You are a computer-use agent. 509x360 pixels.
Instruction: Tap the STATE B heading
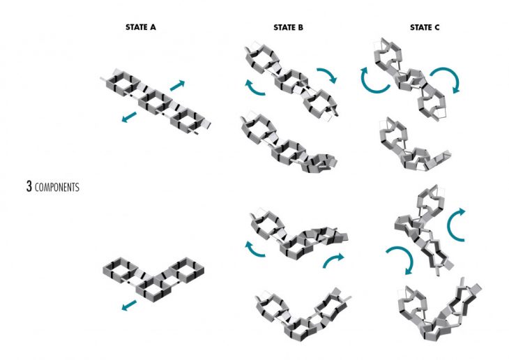(x=289, y=29)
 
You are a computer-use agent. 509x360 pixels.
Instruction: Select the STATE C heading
(x=424, y=29)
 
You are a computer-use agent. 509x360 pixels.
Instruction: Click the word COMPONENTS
(x=57, y=188)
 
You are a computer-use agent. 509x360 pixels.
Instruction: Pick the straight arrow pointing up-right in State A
(x=178, y=85)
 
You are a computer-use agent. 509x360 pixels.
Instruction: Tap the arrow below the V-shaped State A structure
(x=128, y=305)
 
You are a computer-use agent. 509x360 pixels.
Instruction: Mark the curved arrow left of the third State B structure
(x=255, y=248)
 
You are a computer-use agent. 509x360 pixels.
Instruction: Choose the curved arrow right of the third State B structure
(x=333, y=260)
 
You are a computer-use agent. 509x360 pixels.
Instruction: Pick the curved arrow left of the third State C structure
(x=400, y=260)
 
